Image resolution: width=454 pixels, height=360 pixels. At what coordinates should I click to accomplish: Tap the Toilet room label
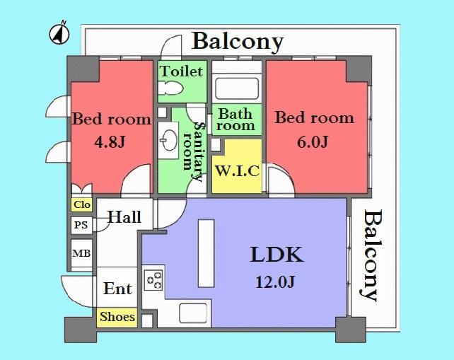(181, 71)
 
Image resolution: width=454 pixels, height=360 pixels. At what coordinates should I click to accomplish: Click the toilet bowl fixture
(170, 90)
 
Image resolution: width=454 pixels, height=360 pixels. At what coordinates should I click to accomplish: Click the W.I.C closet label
(237, 171)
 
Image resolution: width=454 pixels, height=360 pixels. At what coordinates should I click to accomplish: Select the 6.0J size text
(314, 140)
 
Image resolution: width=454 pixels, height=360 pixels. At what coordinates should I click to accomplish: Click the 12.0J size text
(275, 283)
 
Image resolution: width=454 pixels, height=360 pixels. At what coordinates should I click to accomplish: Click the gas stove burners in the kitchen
(153, 280)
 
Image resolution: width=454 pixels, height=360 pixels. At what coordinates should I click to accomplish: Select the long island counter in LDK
(205, 251)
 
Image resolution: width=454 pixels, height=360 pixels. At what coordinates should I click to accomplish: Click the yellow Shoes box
(117, 317)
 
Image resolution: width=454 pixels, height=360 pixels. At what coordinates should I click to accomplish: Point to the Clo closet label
(81, 205)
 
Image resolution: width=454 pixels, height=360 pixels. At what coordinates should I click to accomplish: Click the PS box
(81, 225)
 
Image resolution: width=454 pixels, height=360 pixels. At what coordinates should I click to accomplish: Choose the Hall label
(124, 217)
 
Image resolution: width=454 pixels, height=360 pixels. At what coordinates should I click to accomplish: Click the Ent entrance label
(117, 289)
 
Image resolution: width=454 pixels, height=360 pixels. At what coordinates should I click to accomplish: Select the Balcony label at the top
(238, 41)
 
